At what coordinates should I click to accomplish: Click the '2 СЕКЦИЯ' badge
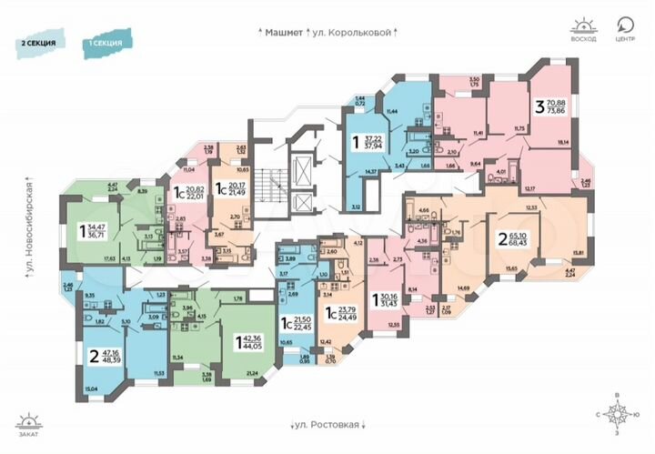40,43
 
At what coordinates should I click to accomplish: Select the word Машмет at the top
282,31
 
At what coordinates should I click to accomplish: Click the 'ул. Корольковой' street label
354,31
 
